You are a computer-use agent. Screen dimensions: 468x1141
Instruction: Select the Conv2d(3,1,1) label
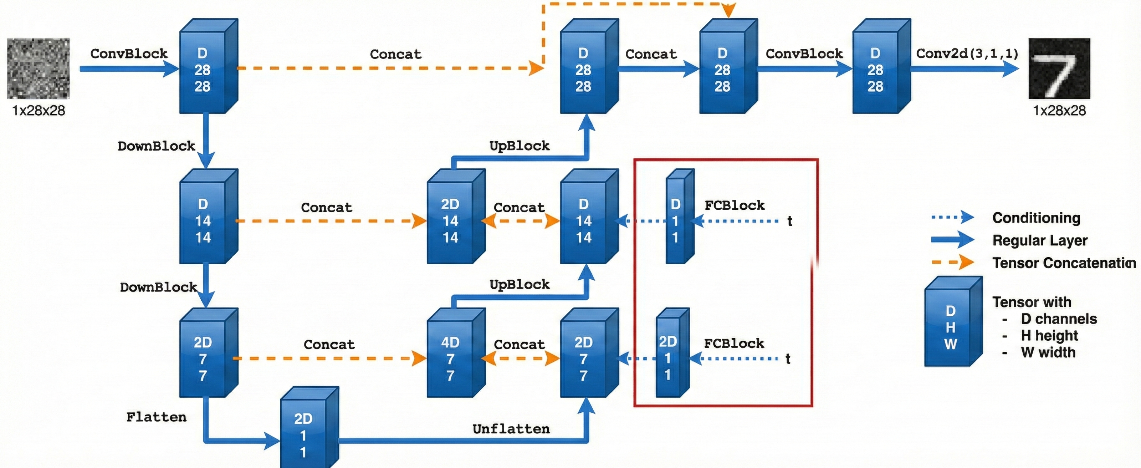coord(967,54)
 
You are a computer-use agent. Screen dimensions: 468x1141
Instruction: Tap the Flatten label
coord(157,417)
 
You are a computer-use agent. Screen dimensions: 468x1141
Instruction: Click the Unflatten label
coord(511,429)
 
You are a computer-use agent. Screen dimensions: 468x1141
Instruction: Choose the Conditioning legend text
coord(1036,218)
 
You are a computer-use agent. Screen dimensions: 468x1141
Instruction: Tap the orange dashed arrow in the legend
coord(952,263)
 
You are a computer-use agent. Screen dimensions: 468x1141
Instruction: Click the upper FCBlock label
coord(735,205)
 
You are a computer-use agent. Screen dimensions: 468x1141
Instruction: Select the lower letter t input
coord(788,358)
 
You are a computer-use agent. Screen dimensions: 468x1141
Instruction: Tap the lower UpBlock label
coord(520,285)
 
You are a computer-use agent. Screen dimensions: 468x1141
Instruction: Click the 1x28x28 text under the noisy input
coord(39,110)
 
